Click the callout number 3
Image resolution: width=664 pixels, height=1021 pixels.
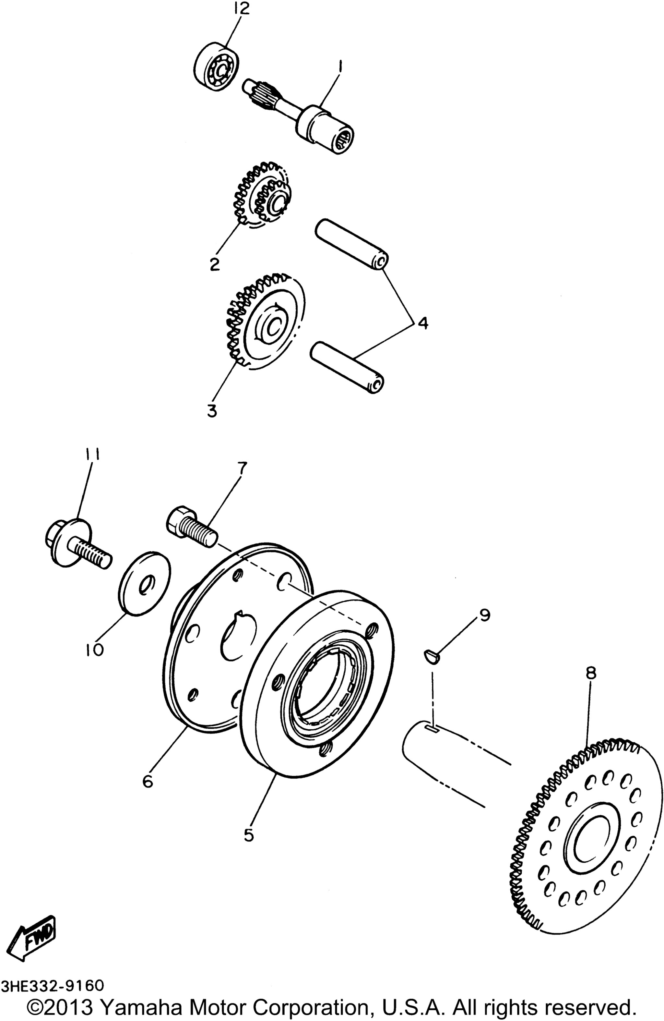tap(212, 410)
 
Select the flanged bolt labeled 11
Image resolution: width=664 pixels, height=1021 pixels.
tap(78, 543)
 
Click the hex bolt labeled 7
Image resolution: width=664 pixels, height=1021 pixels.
tap(192, 527)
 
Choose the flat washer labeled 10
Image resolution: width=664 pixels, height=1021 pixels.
tap(144, 584)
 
